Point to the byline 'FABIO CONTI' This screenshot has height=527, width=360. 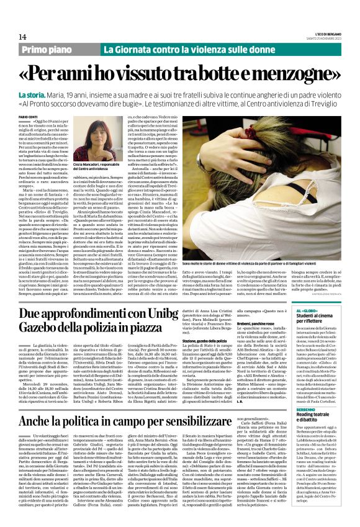click(x=29, y=117)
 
